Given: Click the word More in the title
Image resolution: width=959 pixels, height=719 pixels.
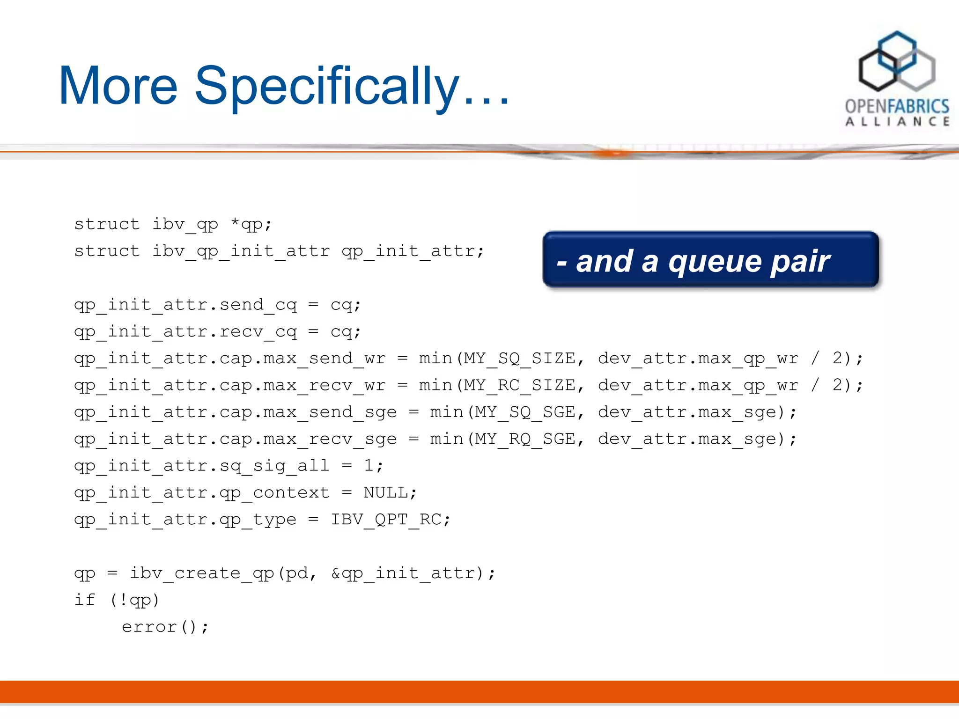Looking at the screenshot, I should tap(118, 87).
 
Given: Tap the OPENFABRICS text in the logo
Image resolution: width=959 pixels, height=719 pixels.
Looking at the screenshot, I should tap(897, 106).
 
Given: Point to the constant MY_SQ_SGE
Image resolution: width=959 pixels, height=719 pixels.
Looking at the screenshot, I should tap(525, 412).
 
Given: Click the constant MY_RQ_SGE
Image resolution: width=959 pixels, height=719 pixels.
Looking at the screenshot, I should tap(525, 439).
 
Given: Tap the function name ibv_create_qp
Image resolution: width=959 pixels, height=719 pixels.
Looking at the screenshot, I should tap(202, 573).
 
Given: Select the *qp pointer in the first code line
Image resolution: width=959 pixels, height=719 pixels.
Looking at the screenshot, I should tap(247, 225).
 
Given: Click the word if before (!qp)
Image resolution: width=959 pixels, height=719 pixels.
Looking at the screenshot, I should tap(85, 600).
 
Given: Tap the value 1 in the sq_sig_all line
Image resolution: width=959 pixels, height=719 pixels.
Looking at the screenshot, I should tap(369, 466).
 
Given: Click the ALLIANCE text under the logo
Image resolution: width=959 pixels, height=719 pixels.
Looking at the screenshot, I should tap(897, 122).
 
